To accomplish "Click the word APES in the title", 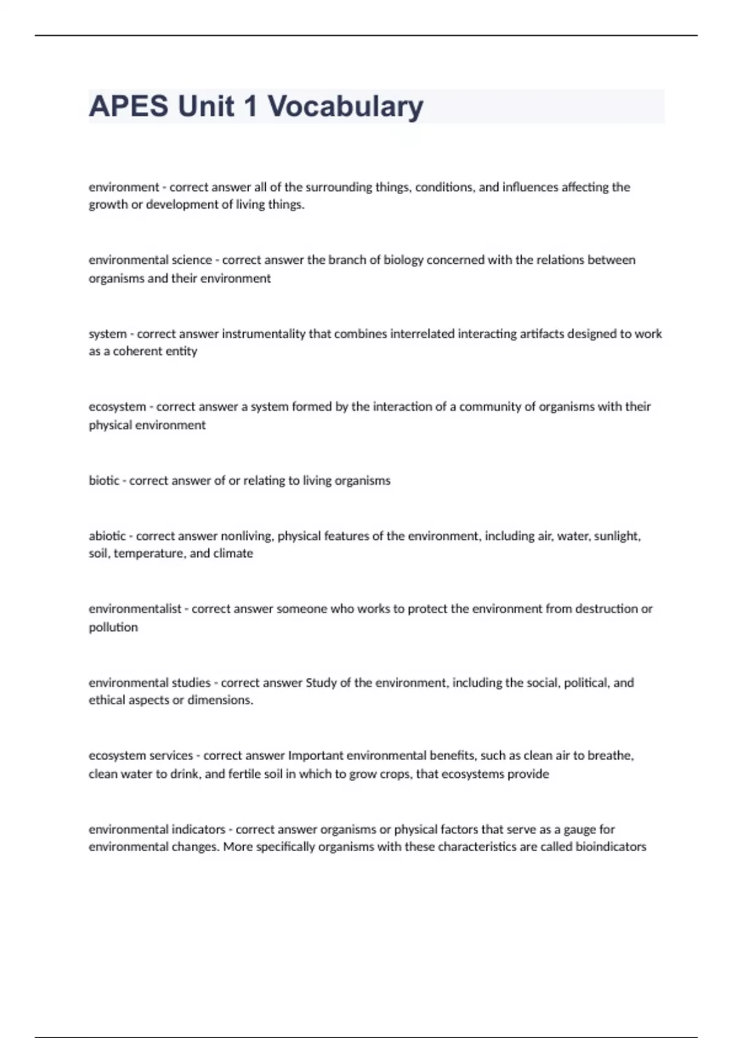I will pyautogui.click(x=128, y=106).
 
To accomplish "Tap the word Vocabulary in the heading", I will pyautogui.click(x=345, y=106).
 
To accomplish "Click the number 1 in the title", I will pyautogui.click(x=250, y=106).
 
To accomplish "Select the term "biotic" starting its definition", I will pyautogui.click(x=104, y=481).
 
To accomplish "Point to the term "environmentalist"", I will pyautogui.click(x=135, y=609).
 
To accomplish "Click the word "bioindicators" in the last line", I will pyautogui.click(x=611, y=847).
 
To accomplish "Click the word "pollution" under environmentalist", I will pyautogui.click(x=113, y=627).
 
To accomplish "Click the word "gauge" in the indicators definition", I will pyautogui.click(x=579, y=829).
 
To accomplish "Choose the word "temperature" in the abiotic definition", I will pyautogui.click(x=149, y=554).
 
